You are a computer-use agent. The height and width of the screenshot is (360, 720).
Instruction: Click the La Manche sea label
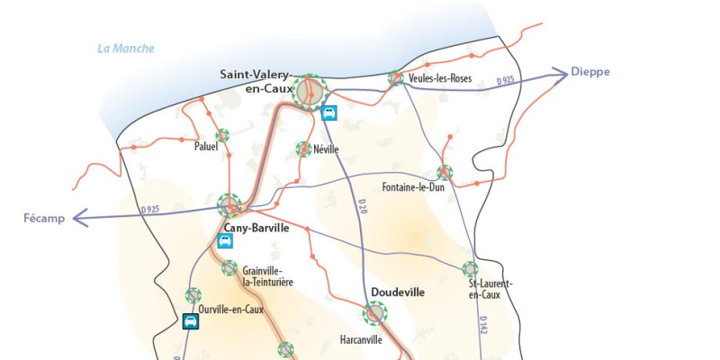click(127, 49)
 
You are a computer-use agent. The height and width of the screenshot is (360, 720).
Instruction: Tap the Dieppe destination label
click(590, 71)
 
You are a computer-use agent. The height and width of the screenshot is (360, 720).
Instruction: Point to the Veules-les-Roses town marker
click(395, 78)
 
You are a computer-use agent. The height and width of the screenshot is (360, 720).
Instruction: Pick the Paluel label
click(206, 147)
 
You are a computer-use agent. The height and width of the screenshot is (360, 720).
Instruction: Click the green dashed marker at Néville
click(303, 148)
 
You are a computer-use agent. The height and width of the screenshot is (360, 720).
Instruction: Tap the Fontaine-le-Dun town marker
click(444, 172)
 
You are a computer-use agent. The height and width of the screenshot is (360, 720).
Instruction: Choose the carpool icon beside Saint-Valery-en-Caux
click(330, 113)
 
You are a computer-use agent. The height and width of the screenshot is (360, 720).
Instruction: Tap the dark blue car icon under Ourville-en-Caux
click(190, 320)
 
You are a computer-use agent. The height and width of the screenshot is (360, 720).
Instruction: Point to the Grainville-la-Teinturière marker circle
click(229, 267)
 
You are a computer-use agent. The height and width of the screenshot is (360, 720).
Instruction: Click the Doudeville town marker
click(374, 312)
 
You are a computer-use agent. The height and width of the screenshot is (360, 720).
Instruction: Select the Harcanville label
click(361, 340)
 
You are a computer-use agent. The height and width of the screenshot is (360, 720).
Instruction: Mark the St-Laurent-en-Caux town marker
click(469, 268)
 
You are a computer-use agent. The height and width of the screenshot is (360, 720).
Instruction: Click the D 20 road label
click(363, 205)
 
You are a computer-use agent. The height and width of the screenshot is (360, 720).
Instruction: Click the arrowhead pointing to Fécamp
click(79, 217)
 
